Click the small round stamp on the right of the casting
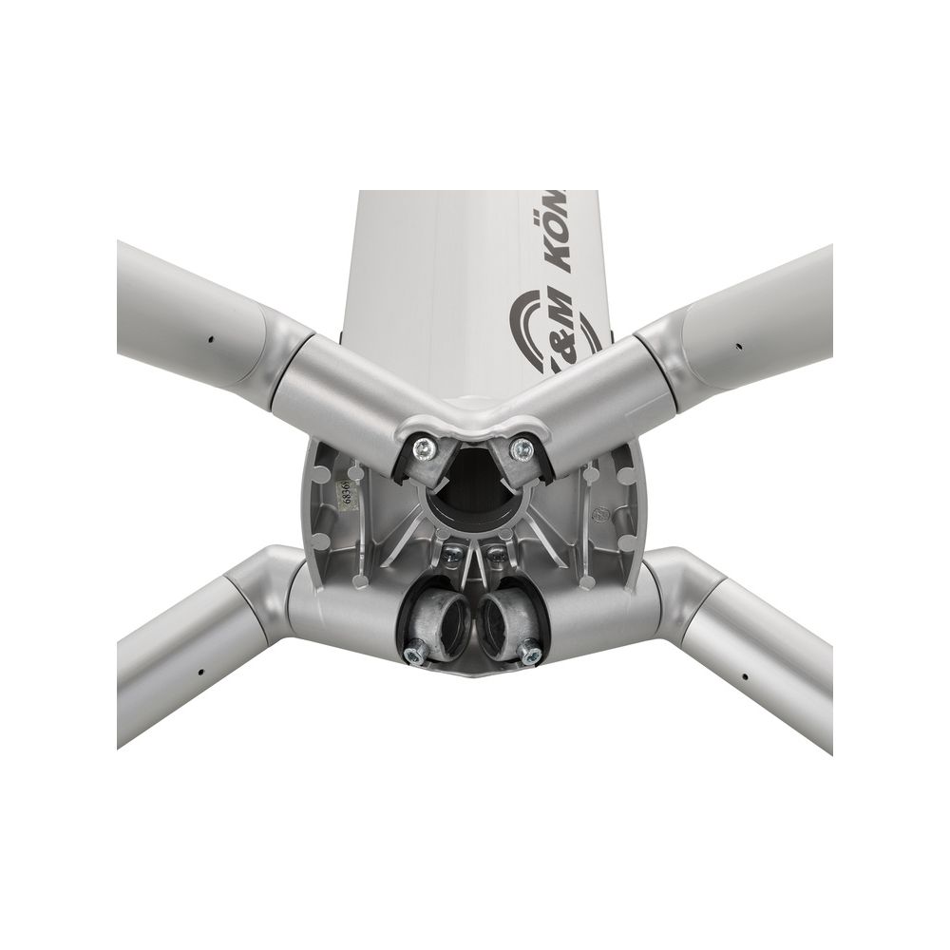(x=599, y=517)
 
